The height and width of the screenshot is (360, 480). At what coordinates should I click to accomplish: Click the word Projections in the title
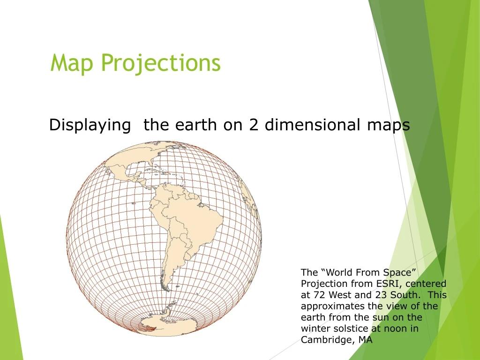pyautogui.click(x=160, y=63)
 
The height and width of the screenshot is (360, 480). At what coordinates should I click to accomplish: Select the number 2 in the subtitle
pyautogui.click(x=254, y=125)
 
